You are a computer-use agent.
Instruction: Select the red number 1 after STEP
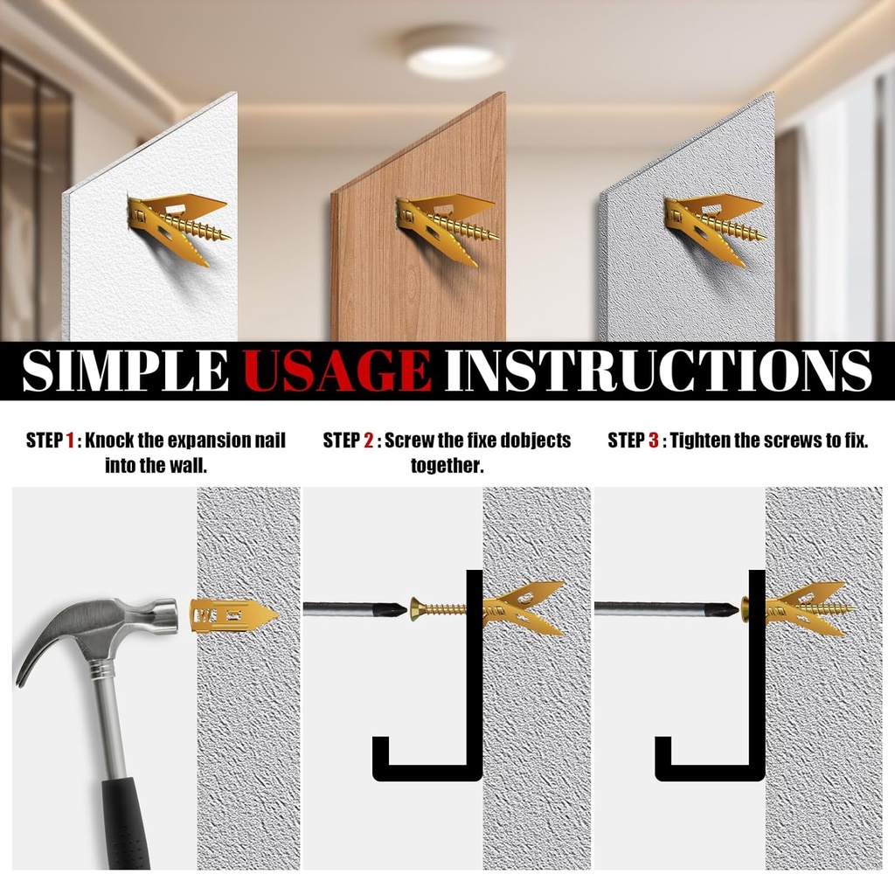(x=71, y=441)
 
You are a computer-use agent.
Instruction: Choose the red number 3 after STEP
(x=653, y=441)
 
